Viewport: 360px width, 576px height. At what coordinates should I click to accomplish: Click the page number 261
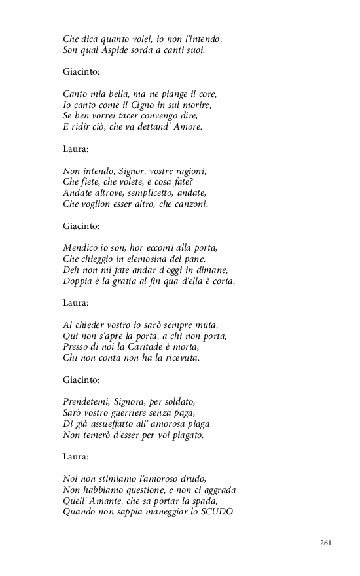click(326, 543)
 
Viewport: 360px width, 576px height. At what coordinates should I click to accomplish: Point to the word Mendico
click(82, 248)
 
